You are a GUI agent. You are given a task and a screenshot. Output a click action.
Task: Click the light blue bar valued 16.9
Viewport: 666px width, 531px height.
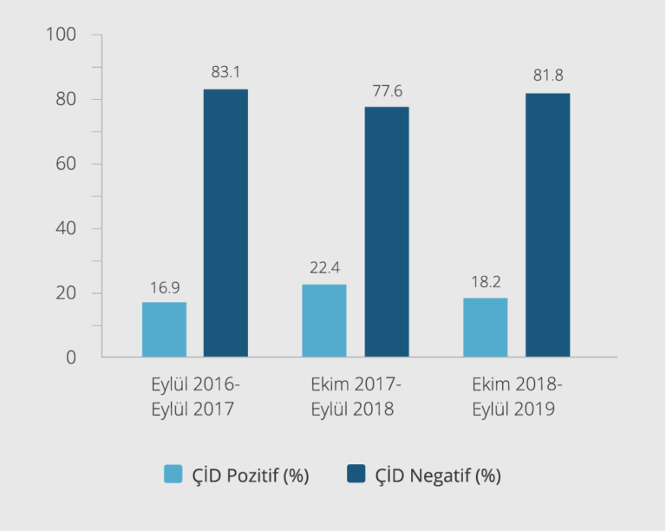pos(164,330)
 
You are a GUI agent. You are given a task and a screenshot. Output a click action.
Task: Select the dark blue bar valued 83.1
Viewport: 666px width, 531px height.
pos(225,223)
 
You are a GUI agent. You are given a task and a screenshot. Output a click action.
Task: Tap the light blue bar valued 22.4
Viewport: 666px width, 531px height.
pos(324,321)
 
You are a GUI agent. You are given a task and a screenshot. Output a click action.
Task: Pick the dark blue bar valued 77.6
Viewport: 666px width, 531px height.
pos(387,232)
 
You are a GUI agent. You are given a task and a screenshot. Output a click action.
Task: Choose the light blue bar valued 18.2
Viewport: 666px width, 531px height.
pos(486,328)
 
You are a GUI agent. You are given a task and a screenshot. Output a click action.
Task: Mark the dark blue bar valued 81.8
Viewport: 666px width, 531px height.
pos(548,225)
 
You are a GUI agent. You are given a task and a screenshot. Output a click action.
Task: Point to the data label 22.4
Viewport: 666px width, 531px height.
pos(324,269)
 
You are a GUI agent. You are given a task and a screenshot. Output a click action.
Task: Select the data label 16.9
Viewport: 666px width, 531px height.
pos(164,287)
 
